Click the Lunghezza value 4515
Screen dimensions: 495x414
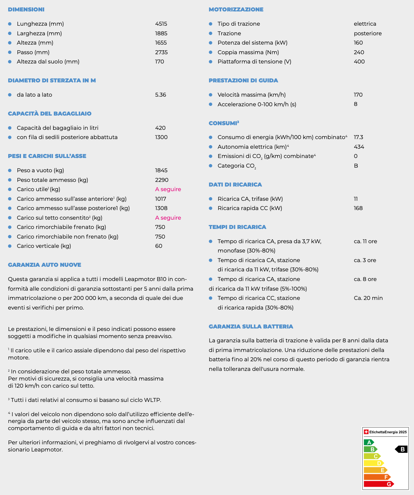(161, 24)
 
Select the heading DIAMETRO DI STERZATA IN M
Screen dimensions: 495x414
(52, 81)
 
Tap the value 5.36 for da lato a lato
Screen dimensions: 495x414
(160, 95)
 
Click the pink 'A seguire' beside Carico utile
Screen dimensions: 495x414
(168, 189)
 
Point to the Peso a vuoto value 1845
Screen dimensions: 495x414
(161, 170)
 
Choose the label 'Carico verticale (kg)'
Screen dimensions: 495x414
(44, 246)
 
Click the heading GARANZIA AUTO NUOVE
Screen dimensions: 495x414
(45, 265)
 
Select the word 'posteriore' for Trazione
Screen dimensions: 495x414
(368, 34)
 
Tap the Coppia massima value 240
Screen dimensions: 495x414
(359, 52)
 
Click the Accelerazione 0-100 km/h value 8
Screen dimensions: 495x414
(356, 104)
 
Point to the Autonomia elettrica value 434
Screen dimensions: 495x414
(359, 147)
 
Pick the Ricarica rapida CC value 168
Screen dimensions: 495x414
(358, 208)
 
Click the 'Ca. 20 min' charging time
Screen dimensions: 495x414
(368, 298)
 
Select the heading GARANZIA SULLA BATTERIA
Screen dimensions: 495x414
(251, 327)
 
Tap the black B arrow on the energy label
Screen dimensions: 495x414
(402, 449)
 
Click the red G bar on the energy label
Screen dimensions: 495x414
(378, 484)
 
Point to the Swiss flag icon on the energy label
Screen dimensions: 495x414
(366, 432)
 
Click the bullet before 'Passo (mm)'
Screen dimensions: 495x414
(10, 52)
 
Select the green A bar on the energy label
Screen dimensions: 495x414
(368, 443)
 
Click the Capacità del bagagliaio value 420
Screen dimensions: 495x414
(160, 128)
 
